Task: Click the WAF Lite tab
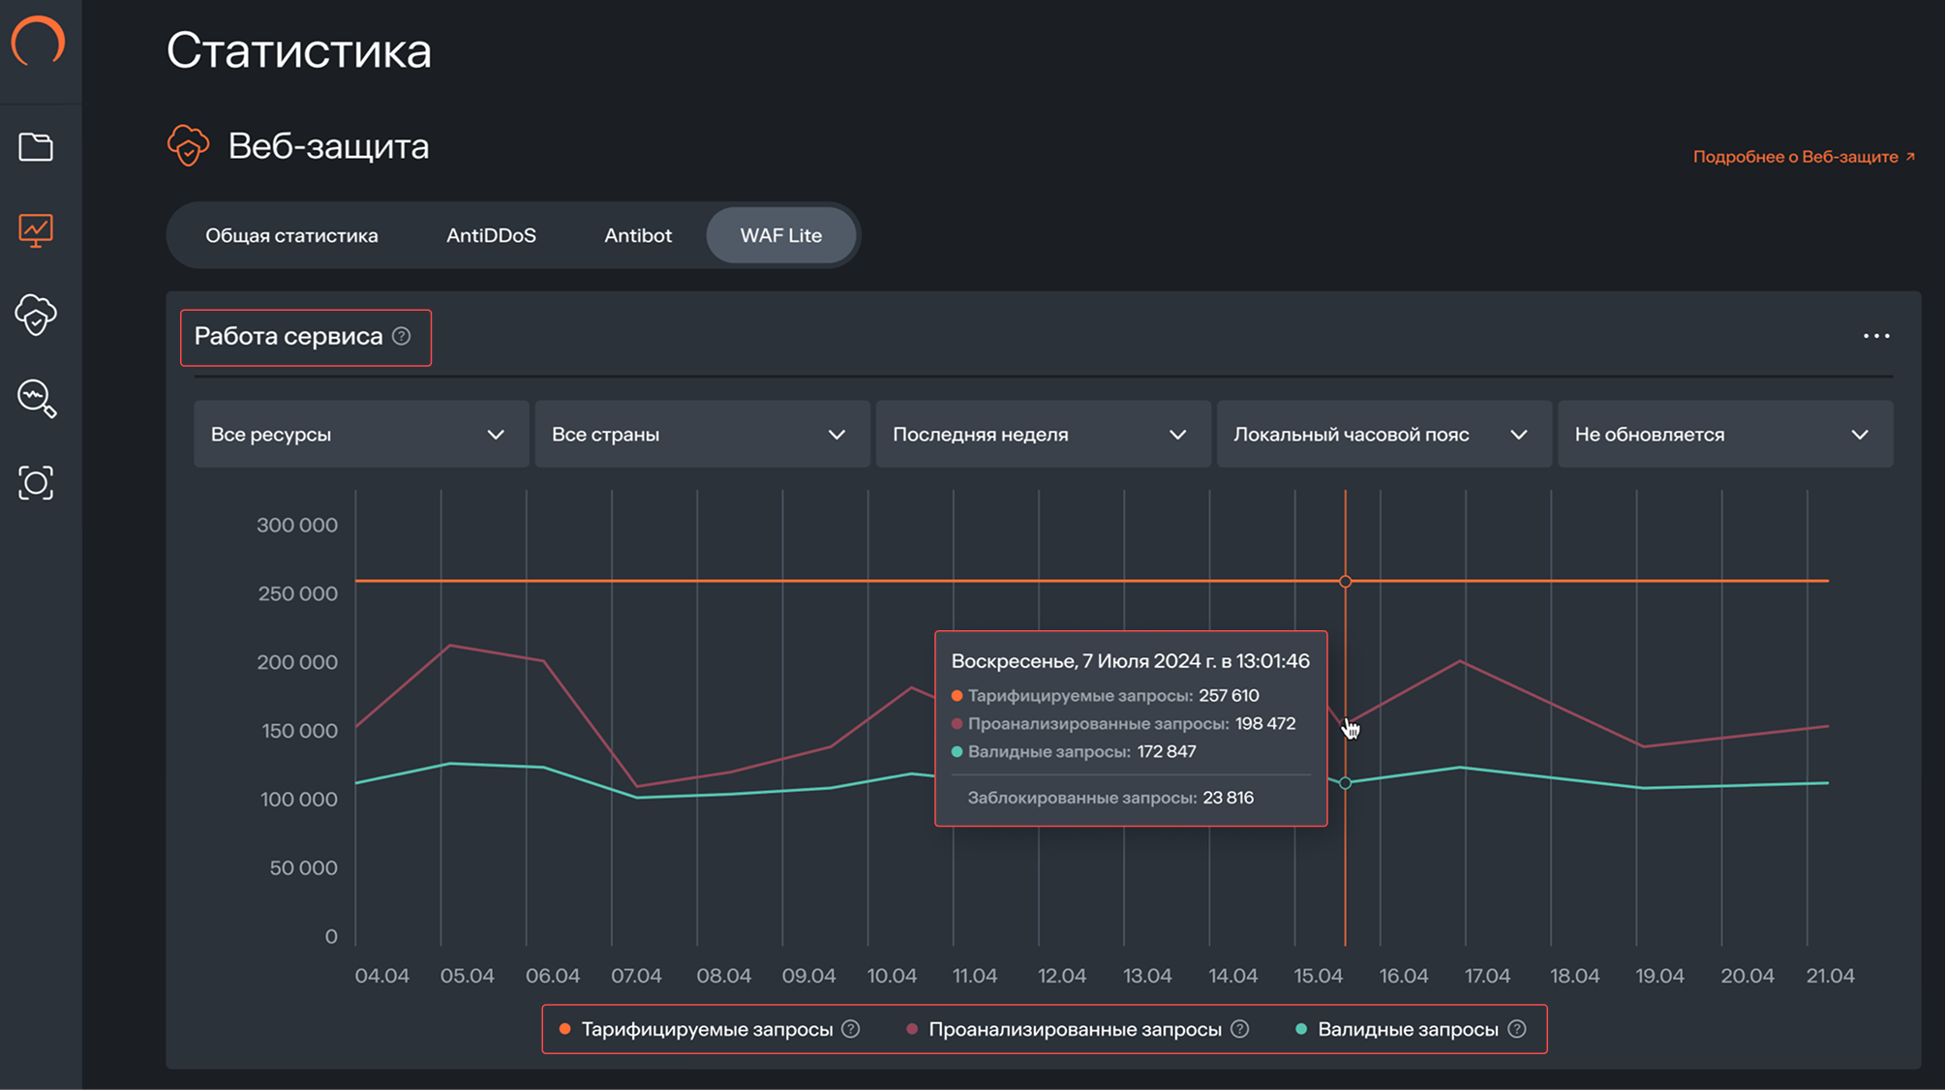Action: pyautogui.click(x=780, y=235)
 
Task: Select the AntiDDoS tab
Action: pyautogui.click(x=491, y=235)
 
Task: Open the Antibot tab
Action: pyautogui.click(x=637, y=235)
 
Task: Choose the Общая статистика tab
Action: pyautogui.click(x=291, y=235)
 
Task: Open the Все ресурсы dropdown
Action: pyautogui.click(x=360, y=435)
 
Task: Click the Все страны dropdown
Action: pyautogui.click(x=701, y=435)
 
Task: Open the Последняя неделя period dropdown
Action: pyautogui.click(x=1042, y=435)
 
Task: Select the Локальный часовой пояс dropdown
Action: pyautogui.click(x=1383, y=435)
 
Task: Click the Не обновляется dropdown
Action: pyautogui.click(x=1723, y=435)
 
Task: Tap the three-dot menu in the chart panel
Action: pyautogui.click(x=1875, y=336)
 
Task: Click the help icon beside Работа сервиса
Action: pyautogui.click(x=402, y=336)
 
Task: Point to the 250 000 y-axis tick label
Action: pyautogui.click(x=297, y=593)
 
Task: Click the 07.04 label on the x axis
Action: pyautogui.click(x=636, y=976)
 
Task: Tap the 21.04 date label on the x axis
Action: pyautogui.click(x=1830, y=976)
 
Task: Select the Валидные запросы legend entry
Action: pyautogui.click(x=1407, y=1029)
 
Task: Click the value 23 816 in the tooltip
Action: pyautogui.click(x=1228, y=798)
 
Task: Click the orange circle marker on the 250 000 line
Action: pyautogui.click(x=1345, y=581)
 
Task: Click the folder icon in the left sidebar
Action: pyautogui.click(x=36, y=147)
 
